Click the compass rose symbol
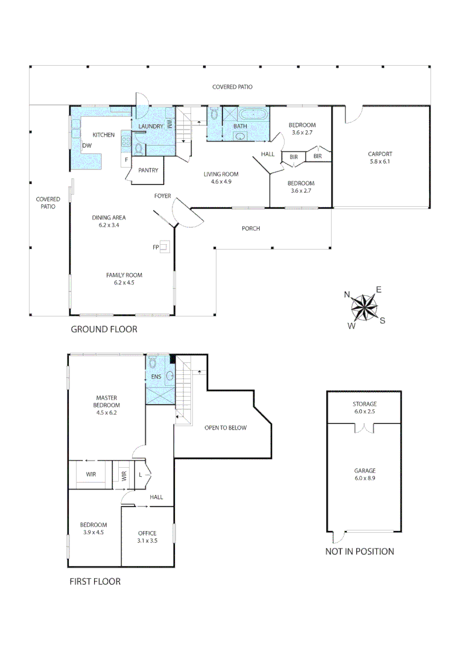coord(364,307)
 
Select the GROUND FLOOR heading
coord(104,329)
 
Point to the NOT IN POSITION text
coord(359,551)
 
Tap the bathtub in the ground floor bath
coord(252,115)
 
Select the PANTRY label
coord(148,171)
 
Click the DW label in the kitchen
coord(87,146)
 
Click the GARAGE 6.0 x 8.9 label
coord(364,474)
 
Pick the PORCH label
coord(251,228)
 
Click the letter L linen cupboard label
coord(140,475)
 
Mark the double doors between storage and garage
coord(364,428)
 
